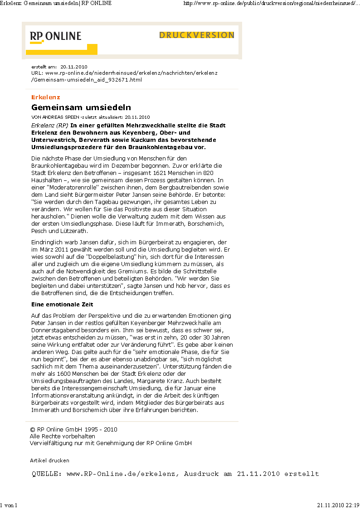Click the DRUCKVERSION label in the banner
(x=197, y=35)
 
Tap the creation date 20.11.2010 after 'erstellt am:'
(x=73, y=67)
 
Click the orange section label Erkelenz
(x=45, y=97)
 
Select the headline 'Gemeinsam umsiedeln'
(x=81, y=107)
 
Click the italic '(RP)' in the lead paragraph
(x=63, y=125)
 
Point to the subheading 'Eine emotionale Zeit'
(x=62, y=305)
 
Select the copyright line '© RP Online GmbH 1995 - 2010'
(x=73, y=429)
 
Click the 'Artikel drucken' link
(x=49, y=461)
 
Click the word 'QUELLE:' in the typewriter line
(x=47, y=474)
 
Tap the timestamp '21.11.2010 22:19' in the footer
(x=338, y=505)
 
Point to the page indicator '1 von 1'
(x=9, y=505)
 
